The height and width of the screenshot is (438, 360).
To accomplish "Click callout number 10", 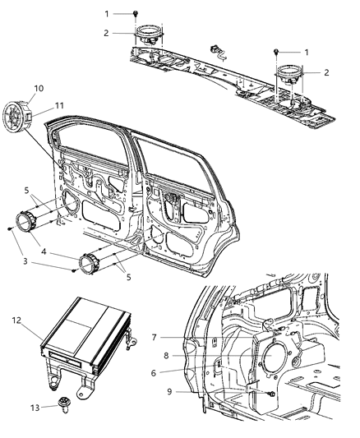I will coord(39,88).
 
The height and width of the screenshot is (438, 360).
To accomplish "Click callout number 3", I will coord(26,261).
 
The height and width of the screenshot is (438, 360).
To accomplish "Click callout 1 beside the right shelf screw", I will coord(306,52).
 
